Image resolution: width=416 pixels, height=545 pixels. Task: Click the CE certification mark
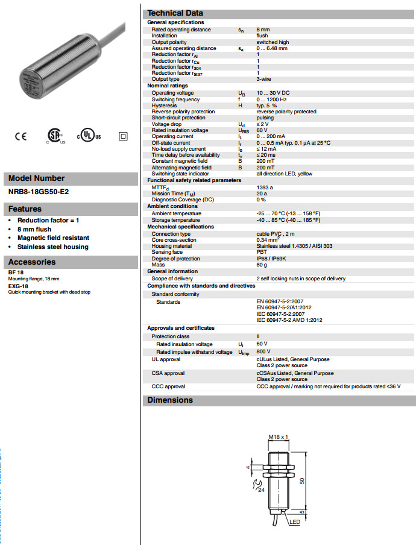20,136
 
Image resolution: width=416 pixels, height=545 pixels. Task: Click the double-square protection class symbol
123,136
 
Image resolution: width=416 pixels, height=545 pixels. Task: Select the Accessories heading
31,262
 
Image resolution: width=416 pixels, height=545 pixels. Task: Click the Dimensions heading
170,400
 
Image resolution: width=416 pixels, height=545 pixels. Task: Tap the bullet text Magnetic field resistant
53,238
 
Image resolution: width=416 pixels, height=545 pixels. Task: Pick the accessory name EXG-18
18,288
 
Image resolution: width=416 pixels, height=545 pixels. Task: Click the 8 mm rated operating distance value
263,30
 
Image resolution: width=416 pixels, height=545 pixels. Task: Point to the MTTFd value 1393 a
265,187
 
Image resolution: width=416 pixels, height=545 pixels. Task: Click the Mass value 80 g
262,265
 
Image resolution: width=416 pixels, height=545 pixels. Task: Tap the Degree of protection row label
175,259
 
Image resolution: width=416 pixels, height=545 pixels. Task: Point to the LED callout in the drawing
294,521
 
